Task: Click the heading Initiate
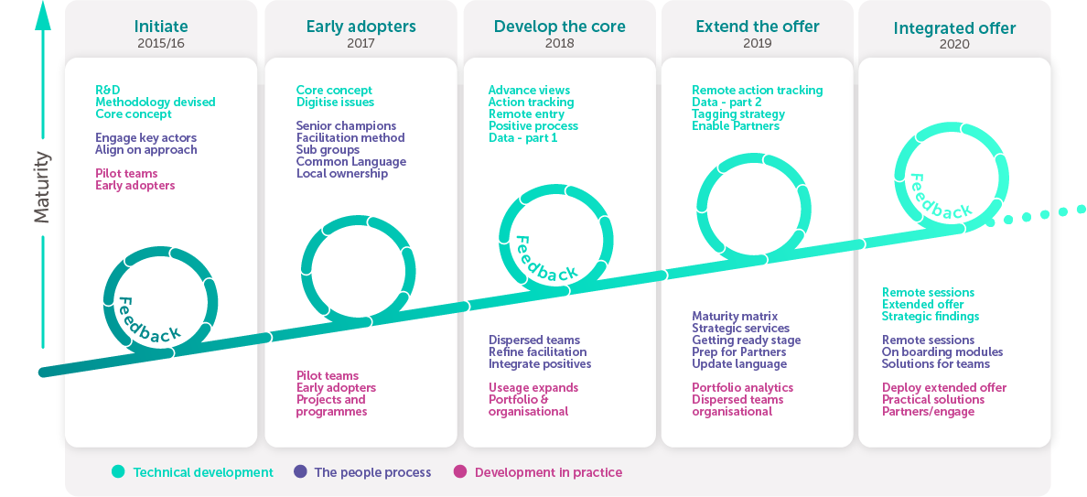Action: coord(161,27)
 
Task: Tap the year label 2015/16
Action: coord(161,44)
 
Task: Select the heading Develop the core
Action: coord(559,27)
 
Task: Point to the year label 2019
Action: coord(758,44)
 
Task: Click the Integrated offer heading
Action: coord(954,28)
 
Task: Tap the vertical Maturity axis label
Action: coord(42,187)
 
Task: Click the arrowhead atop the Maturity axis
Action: coord(43,16)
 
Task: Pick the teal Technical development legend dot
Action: coord(119,472)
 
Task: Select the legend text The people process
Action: coord(372,472)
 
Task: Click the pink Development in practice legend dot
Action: coord(459,472)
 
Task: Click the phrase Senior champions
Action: coord(346,126)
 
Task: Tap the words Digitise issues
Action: coord(335,103)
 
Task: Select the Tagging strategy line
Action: coord(738,114)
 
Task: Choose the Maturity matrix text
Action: coord(735,317)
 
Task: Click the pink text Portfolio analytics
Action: coord(742,388)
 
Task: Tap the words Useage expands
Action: coord(533,388)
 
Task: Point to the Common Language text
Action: coord(350,161)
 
